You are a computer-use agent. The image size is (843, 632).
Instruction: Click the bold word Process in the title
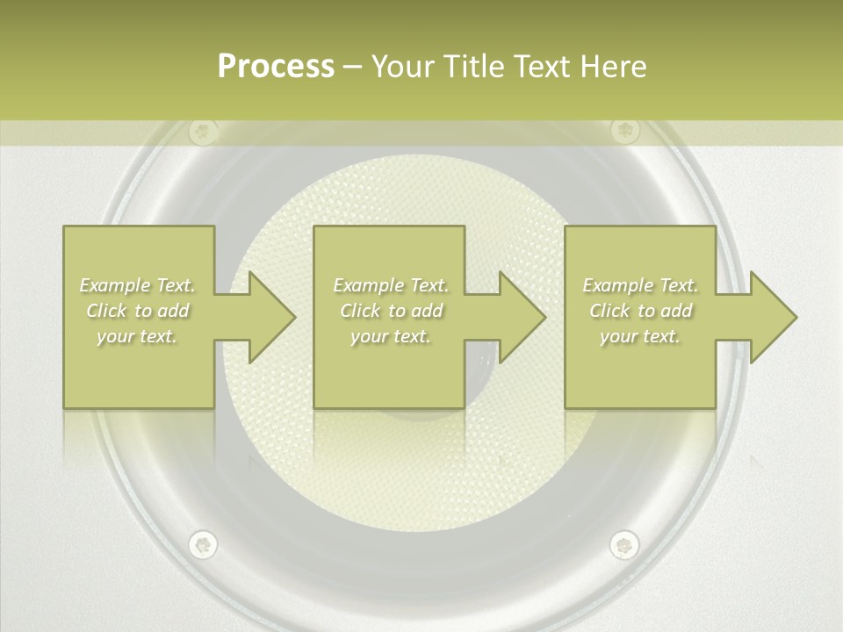point(276,67)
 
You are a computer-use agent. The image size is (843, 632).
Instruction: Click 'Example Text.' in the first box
point(138,285)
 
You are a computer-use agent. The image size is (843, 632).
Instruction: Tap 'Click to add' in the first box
point(138,311)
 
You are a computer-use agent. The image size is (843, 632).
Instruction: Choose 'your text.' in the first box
point(138,336)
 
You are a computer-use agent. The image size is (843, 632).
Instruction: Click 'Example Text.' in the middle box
point(391,285)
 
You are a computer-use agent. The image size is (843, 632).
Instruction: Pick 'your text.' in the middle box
point(391,336)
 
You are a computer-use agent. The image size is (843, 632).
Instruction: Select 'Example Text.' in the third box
point(640,285)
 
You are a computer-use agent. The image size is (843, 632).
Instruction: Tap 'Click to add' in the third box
point(640,311)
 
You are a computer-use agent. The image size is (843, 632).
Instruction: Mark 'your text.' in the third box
point(640,336)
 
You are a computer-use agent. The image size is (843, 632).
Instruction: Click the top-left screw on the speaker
point(203,133)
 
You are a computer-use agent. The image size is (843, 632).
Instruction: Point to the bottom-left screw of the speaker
point(203,544)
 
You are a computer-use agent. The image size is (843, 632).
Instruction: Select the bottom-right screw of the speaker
point(623,544)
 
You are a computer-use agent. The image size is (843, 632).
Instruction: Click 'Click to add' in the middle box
point(391,311)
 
